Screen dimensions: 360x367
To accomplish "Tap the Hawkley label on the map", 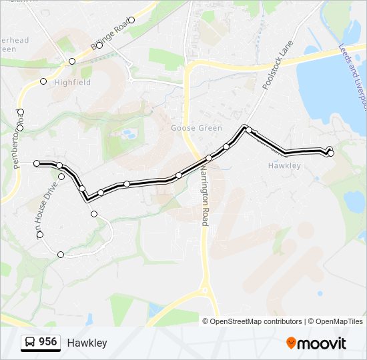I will pos(284,165).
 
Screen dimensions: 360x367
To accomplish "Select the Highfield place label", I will pos(72,83).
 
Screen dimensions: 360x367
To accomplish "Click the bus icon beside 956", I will pos(30,342).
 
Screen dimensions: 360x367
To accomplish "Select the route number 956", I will pos(48,342).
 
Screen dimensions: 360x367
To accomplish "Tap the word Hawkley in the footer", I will pos(87,343).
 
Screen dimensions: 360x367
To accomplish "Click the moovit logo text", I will pos(322,343).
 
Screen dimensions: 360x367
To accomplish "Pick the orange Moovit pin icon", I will pos(291,343).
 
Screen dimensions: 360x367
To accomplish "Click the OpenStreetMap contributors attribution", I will pos(252,321).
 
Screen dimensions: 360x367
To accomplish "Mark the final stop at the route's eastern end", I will pos(330,153).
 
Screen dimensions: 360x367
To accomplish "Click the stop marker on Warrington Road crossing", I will pos(209,158).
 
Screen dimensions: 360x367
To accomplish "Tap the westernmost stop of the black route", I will pos(37,163).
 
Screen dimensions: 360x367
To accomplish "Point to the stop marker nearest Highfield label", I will pos(43,81).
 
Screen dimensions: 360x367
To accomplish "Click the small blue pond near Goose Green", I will pos(129,135).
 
